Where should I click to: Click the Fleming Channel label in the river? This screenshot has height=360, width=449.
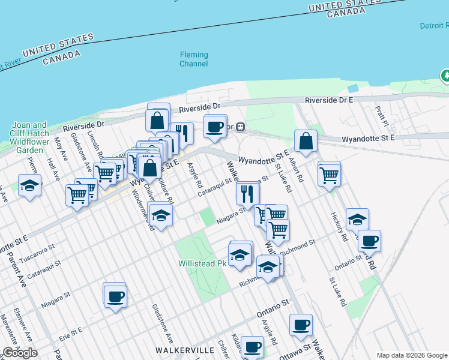coord(194,59)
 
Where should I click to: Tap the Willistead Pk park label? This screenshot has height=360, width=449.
coord(202,263)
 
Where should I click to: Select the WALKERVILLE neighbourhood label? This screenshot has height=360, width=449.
coord(184,349)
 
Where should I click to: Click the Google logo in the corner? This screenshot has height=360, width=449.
coord(20,352)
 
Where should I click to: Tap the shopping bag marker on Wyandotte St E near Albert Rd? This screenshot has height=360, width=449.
coord(306,141)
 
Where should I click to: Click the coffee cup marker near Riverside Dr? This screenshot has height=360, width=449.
coord(214,126)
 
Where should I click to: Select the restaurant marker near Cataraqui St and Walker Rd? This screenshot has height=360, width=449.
coord(246,193)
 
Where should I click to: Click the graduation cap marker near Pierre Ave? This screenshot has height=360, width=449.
coord(29,185)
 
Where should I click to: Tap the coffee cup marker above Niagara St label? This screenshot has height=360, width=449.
coord(114,295)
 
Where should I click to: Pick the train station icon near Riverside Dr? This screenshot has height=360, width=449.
coord(240,127)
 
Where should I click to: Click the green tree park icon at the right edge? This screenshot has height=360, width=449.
coord(445,76)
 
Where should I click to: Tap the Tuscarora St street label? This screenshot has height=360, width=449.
coord(36,250)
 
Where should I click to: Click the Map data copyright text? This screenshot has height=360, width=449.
coord(412,355)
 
